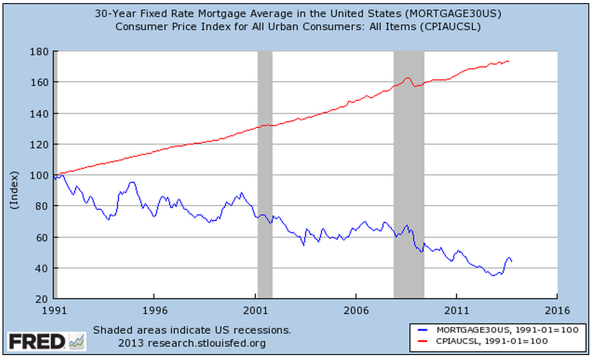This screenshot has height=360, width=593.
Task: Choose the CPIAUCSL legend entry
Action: (493, 340)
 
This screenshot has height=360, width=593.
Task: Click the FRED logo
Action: (46, 341)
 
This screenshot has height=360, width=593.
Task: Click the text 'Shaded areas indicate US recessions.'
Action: (192, 329)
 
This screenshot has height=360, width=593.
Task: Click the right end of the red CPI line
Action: (509, 61)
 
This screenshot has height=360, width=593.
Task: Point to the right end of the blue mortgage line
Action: (511, 261)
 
